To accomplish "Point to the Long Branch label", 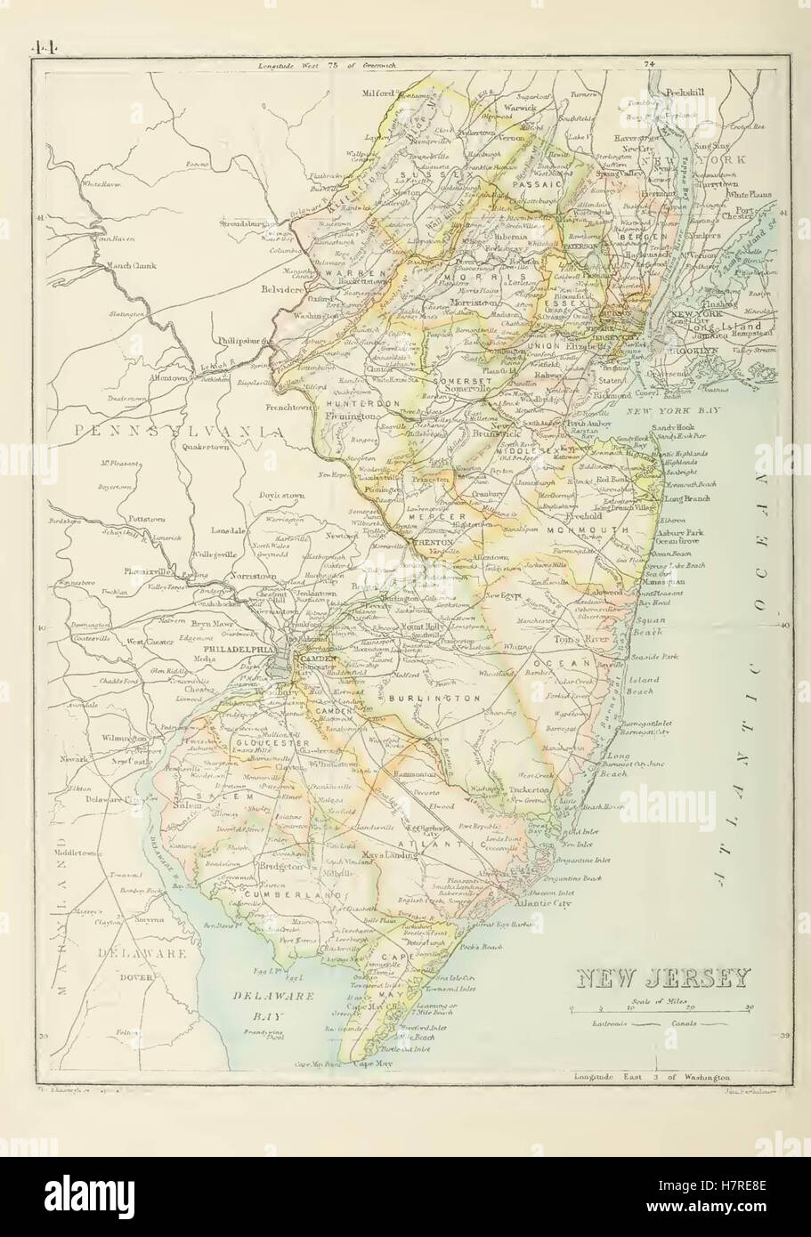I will [685, 499].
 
